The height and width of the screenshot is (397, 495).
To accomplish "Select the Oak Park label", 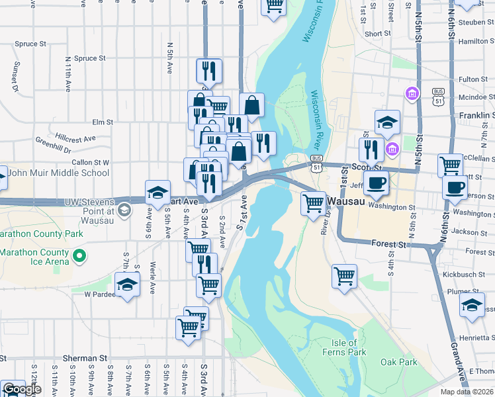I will (399, 362).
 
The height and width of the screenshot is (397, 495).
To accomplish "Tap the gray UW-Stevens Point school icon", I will (124, 211).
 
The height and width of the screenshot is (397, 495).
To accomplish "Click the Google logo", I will (21, 389).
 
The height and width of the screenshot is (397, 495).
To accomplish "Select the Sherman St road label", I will (85, 357).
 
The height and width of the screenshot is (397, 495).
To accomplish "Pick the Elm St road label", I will (103, 122).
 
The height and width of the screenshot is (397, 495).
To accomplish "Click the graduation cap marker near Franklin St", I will (387, 121).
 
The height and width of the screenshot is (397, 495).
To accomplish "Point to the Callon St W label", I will (90, 161).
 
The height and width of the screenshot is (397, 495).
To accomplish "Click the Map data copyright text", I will (467, 392).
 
